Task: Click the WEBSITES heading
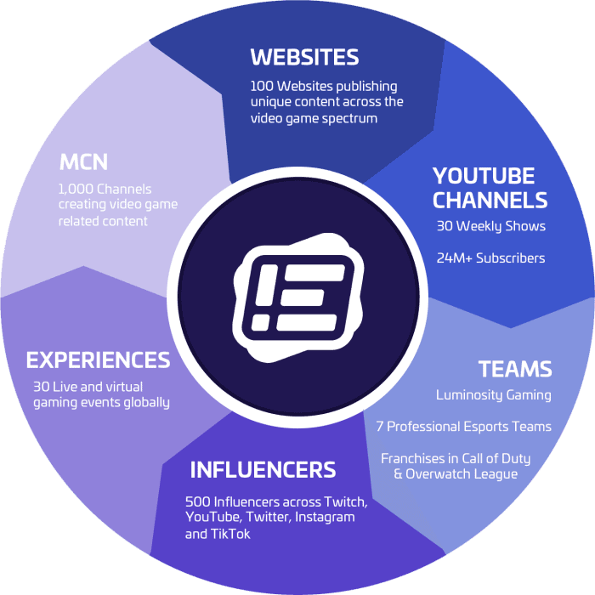point(304,57)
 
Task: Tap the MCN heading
point(83,162)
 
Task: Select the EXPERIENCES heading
point(98,360)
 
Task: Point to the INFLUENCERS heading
point(263,470)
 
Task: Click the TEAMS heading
point(515,369)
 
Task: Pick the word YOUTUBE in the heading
point(484,176)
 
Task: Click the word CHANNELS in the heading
point(490,200)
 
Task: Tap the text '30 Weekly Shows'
point(491,226)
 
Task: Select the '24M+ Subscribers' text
point(490,258)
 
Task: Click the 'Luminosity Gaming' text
point(493,395)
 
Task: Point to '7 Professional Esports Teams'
point(464,427)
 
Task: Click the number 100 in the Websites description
point(262,86)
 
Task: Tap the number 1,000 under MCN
point(76,189)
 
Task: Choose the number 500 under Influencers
point(197,502)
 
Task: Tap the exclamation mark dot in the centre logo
point(261,322)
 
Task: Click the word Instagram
point(325,518)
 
